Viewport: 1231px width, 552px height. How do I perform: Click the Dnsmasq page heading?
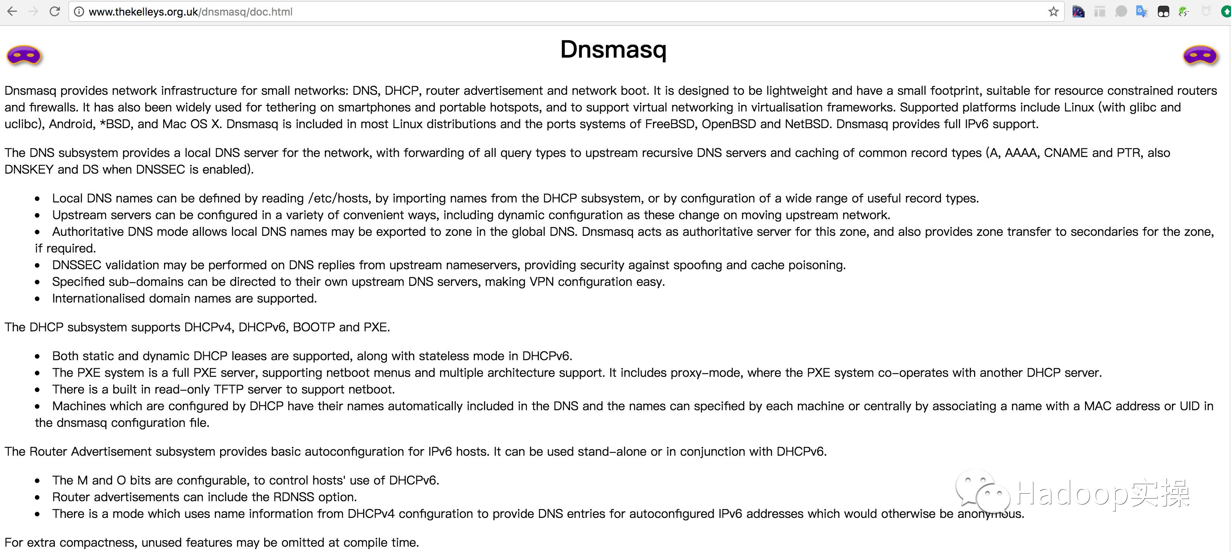(613, 49)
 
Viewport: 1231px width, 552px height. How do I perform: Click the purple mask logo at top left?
(24, 56)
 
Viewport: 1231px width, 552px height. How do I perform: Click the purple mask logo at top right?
(1200, 56)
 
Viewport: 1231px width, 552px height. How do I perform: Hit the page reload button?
(55, 11)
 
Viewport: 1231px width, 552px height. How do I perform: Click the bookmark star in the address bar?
(1053, 11)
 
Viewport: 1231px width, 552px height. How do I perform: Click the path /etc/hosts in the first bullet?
(338, 198)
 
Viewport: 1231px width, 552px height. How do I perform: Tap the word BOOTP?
(313, 328)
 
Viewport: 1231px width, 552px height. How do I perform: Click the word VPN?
(542, 282)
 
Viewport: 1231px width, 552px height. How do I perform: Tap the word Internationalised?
(99, 299)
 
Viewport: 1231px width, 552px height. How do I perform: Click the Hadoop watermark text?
(1101, 493)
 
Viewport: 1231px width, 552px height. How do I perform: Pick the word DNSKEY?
(29, 170)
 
